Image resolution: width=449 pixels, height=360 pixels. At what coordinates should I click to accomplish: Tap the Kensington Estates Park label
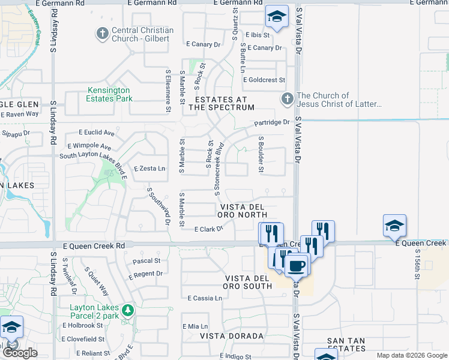(x=109, y=94)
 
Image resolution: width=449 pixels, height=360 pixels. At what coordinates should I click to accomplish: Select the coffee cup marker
(x=295, y=265)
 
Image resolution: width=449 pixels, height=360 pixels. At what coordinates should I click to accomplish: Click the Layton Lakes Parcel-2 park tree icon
(x=127, y=310)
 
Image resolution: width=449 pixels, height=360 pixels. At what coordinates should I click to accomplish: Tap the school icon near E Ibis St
(x=277, y=17)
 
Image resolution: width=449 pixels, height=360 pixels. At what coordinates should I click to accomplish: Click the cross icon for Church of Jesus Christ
(x=288, y=99)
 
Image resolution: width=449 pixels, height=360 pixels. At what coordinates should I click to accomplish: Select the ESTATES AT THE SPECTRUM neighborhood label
(x=221, y=103)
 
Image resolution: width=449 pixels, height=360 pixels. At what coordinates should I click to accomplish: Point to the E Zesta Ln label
(x=149, y=169)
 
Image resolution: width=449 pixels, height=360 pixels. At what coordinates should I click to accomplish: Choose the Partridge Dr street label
(x=271, y=122)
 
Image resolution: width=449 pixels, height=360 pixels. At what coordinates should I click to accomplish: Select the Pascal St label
(x=146, y=261)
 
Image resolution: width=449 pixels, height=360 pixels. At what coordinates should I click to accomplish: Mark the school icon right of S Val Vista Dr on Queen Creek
(x=394, y=226)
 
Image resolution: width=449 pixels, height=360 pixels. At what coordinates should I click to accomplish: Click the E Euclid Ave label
(x=97, y=132)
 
